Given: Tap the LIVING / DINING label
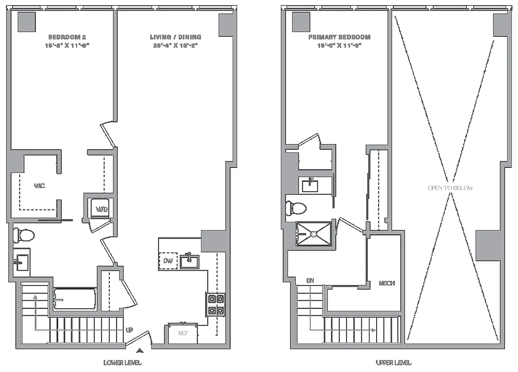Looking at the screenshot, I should [x=175, y=37].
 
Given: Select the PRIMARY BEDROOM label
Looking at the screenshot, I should [x=339, y=37].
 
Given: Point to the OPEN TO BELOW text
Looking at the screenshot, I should [x=450, y=188].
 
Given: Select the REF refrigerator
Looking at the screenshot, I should [x=182, y=333].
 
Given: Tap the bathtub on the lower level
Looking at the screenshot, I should [x=74, y=299].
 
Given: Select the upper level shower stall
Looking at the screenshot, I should [x=314, y=234].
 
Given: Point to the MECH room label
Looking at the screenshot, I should [x=386, y=283].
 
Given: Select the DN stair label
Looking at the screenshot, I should [x=311, y=280].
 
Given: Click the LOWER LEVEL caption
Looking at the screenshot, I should [x=122, y=362].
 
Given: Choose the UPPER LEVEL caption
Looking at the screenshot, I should [x=393, y=362].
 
